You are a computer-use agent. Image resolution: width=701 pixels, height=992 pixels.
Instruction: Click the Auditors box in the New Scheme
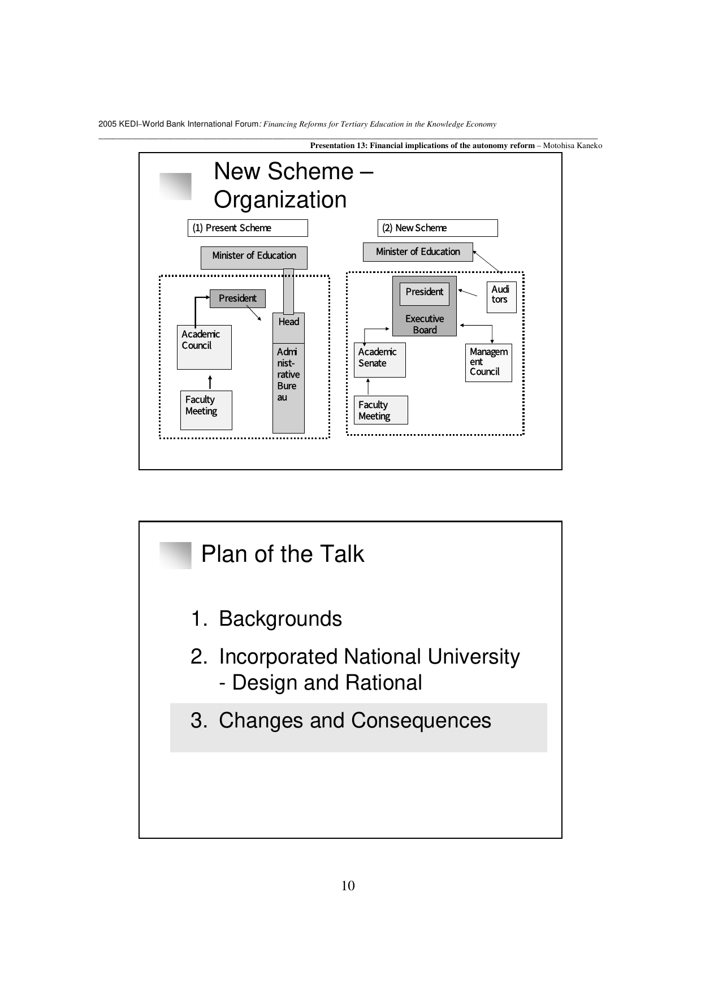tap(501, 297)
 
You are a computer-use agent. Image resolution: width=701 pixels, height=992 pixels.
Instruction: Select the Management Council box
tap(488, 362)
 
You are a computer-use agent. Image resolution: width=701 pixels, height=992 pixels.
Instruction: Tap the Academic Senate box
tap(380, 360)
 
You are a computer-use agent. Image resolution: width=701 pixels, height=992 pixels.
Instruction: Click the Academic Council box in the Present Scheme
tap(204, 347)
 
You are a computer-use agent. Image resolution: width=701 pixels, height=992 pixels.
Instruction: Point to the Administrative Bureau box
tap(288, 388)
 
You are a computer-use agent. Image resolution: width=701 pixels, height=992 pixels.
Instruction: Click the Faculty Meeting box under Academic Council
tap(206, 410)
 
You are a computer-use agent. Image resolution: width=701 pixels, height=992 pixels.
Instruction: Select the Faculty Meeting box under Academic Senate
tap(380, 410)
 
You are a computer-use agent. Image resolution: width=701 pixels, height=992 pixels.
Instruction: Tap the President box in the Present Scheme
tap(237, 298)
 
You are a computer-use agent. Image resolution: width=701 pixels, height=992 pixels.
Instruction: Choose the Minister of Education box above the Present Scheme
tap(254, 257)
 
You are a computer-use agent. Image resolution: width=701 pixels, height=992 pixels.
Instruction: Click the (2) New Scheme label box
tap(438, 228)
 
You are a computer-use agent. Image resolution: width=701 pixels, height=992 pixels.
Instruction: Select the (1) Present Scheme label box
tap(248, 228)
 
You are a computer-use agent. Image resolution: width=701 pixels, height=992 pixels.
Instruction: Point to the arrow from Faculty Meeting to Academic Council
tap(210, 382)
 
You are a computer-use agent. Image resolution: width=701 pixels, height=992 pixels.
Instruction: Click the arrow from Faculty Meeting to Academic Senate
tap(369, 386)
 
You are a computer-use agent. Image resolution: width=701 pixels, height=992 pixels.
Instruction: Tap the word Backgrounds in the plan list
tap(280, 619)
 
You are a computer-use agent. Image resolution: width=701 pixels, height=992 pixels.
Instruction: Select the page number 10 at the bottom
tap(348, 886)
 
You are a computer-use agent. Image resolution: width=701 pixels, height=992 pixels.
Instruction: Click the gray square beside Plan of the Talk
tap(175, 555)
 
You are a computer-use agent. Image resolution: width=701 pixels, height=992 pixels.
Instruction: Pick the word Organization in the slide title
tap(280, 200)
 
